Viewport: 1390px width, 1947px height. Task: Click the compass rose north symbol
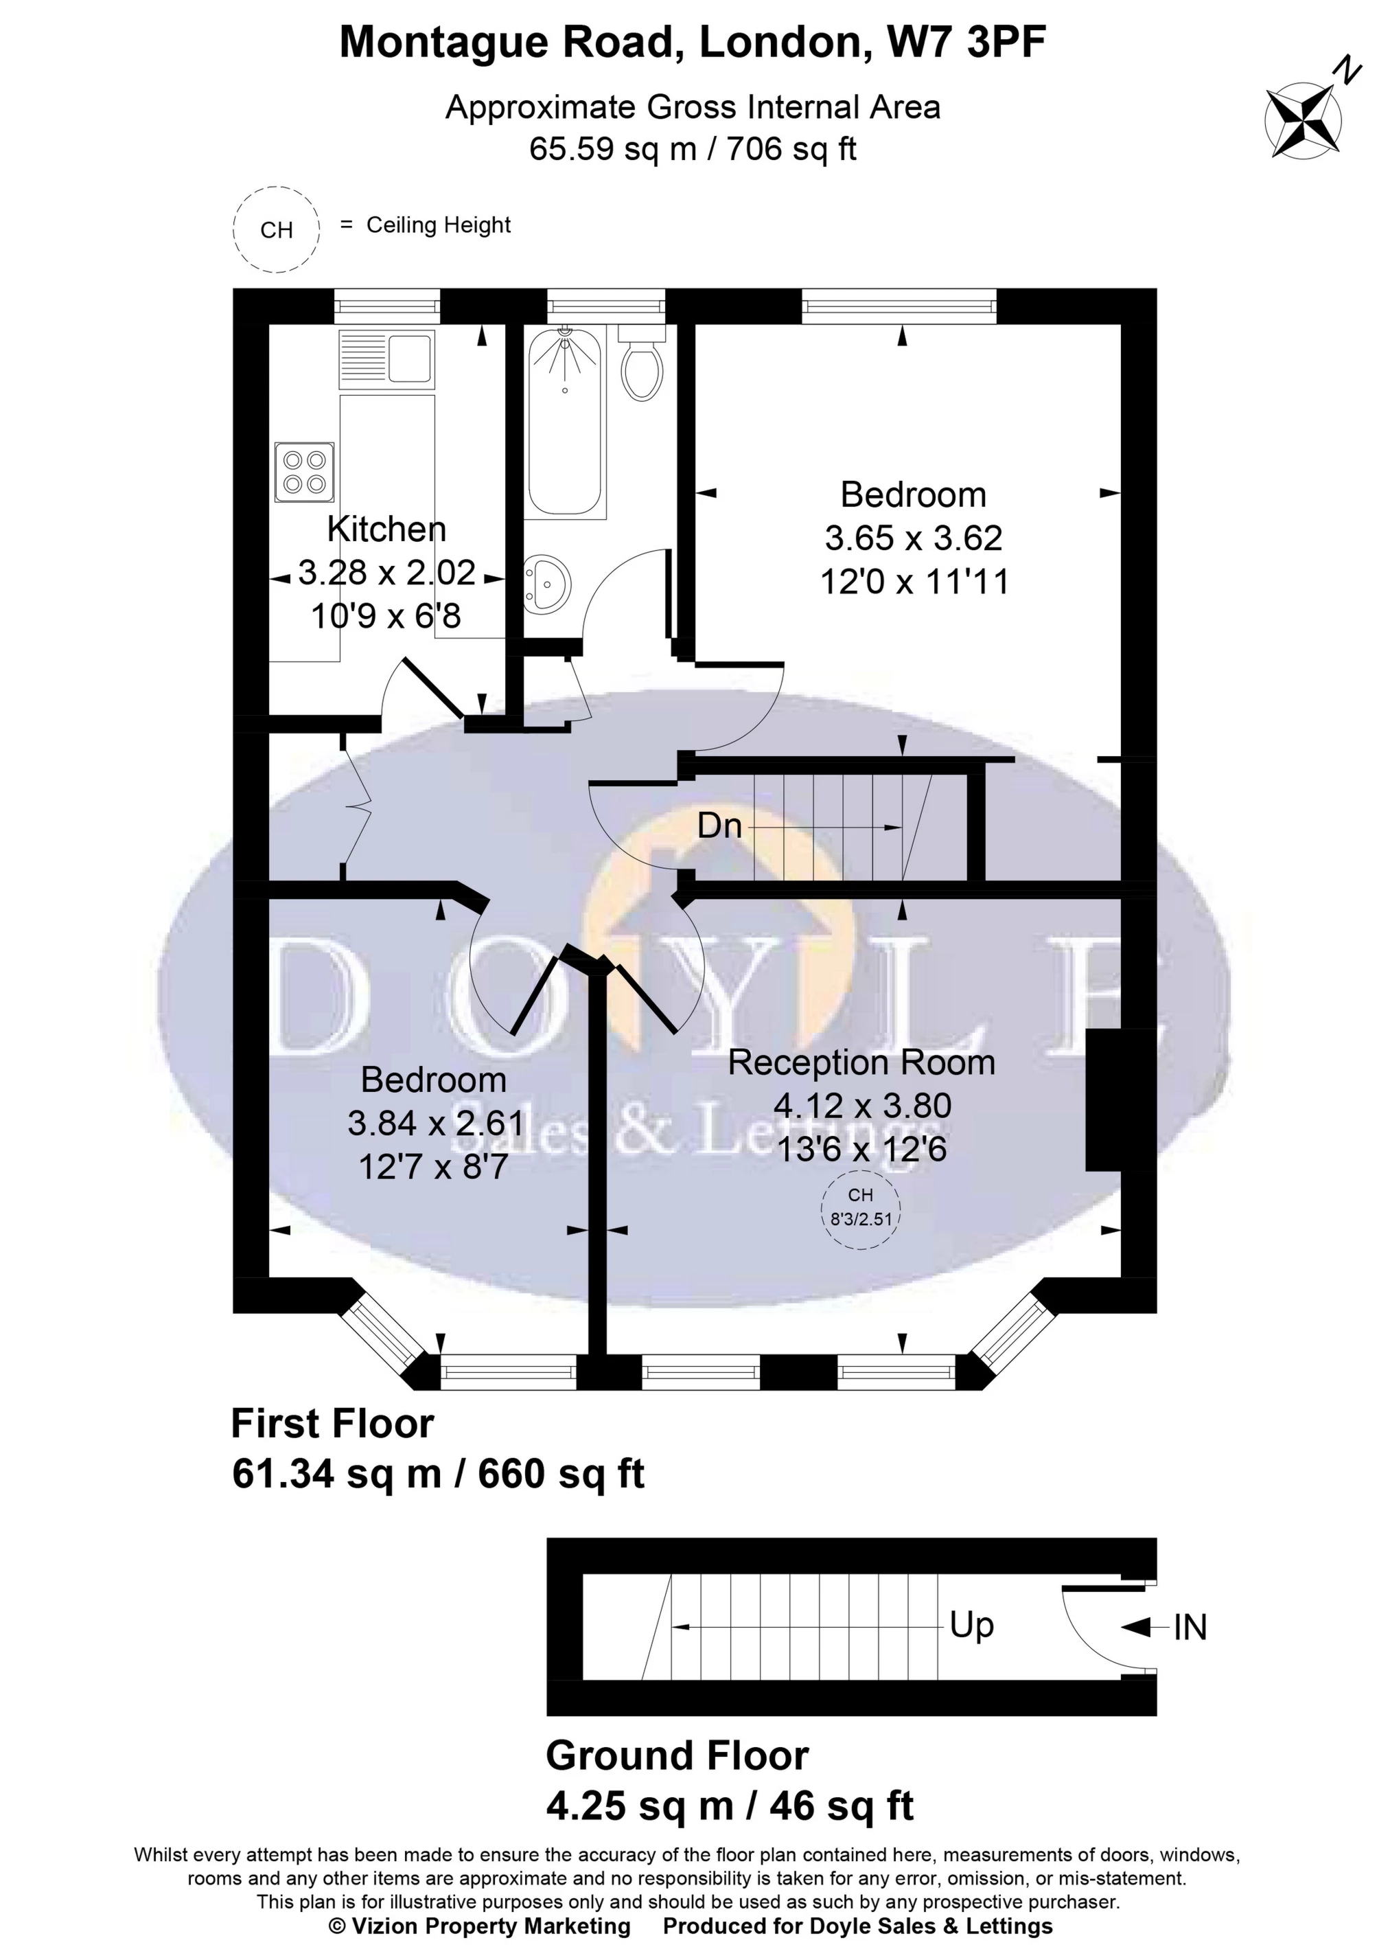pos(1303,117)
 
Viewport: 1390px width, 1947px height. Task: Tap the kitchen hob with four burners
pos(305,472)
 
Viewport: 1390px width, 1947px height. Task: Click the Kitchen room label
pos(387,529)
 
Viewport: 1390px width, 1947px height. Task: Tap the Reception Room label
pos(861,1062)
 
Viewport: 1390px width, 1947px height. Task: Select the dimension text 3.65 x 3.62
pos(912,538)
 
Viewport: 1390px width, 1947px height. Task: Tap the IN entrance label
pos(1189,1628)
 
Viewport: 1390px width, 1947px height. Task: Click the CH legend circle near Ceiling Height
pos(277,229)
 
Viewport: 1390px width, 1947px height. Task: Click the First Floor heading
pos(332,1424)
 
